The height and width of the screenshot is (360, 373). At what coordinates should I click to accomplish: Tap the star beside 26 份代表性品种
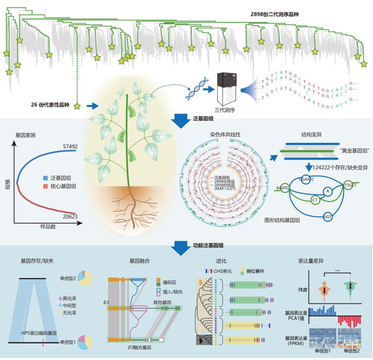(x=77, y=106)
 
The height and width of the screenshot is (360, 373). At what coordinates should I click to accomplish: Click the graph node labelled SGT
(x=328, y=217)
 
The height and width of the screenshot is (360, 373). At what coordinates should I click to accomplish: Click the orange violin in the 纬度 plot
(x=324, y=290)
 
